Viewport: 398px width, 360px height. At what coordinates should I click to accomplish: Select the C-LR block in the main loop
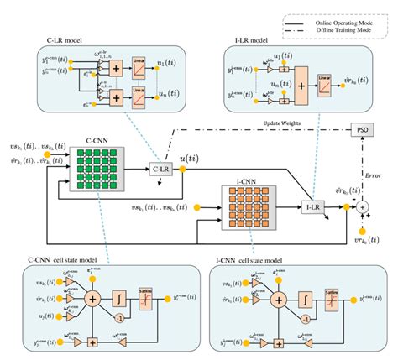tap(160, 170)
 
